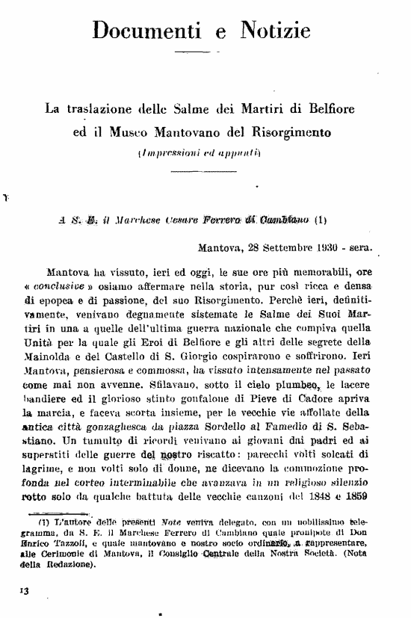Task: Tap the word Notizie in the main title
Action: [274, 31]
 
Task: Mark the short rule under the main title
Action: [198, 55]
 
